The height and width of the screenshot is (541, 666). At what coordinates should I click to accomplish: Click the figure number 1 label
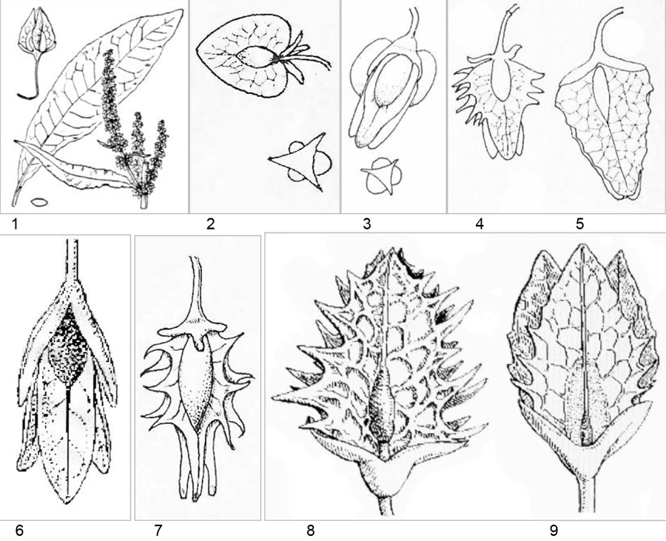tap(16, 224)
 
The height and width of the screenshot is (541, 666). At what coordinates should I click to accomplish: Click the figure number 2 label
tap(211, 224)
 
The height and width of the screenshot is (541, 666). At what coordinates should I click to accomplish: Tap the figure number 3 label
tap(367, 224)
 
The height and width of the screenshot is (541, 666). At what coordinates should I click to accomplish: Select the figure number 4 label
tap(480, 224)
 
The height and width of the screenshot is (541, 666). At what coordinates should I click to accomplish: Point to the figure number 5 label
tap(580, 224)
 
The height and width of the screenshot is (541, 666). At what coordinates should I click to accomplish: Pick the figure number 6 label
tap(20, 530)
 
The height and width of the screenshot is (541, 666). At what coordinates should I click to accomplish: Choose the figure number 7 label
tap(158, 530)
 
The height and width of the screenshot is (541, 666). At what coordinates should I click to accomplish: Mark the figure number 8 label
tap(311, 530)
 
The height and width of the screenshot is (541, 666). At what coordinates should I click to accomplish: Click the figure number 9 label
tap(554, 530)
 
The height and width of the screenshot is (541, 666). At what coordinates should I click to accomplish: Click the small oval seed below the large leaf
tap(39, 203)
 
